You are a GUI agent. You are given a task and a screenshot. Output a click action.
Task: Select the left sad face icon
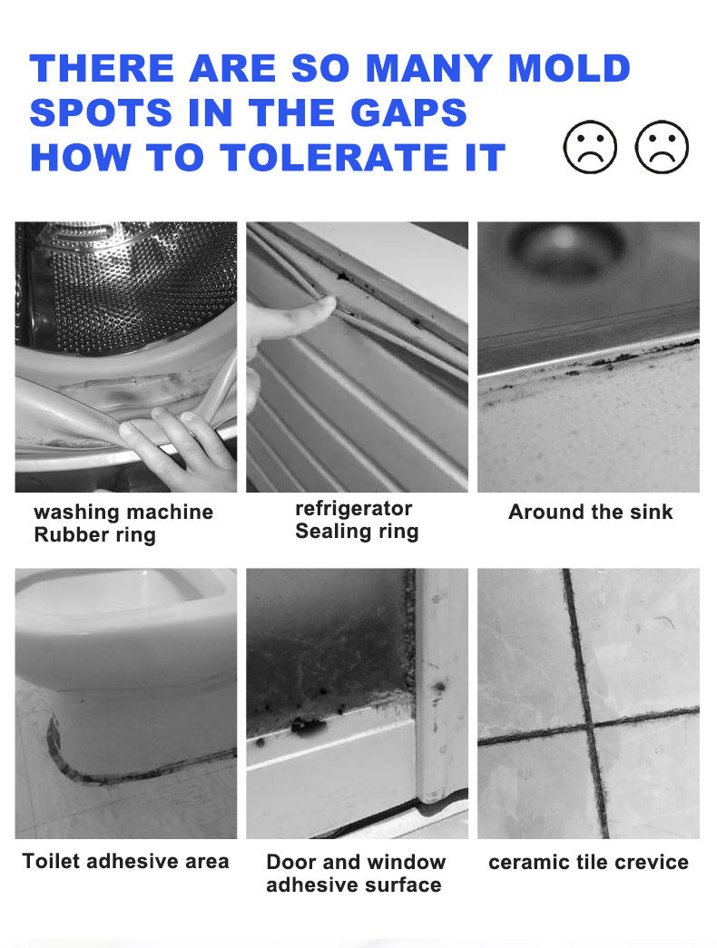point(590,147)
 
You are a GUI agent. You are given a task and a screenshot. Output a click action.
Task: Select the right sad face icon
point(662,147)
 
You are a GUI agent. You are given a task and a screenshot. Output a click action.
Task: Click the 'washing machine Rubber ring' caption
point(123,523)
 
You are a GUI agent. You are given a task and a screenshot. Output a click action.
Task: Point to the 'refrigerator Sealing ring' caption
point(357,520)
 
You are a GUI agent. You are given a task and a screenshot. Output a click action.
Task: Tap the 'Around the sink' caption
point(590,512)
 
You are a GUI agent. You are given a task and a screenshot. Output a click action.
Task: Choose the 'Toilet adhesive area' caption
point(125,861)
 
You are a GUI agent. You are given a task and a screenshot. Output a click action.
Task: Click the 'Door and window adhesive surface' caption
point(356,873)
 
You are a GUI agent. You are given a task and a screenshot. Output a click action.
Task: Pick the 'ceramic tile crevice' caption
point(588,862)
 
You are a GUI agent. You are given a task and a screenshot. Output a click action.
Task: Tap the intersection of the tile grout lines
point(585,728)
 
